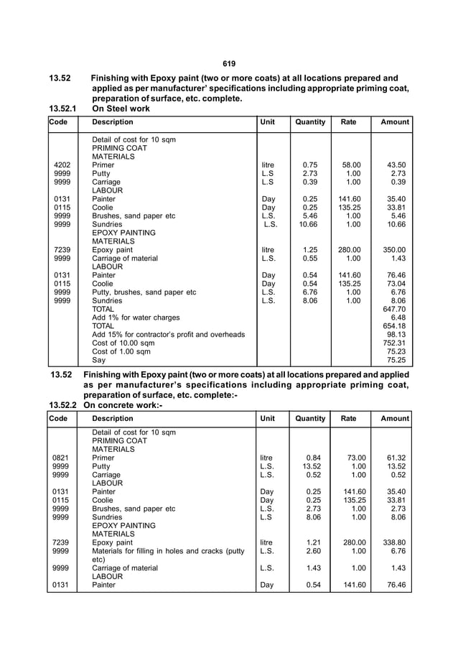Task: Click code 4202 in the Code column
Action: [x=62, y=165]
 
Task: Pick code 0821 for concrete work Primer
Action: [x=62, y=458]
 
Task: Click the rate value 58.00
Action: [x=351, y=165]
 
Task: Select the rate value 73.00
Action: [x=351, y=458]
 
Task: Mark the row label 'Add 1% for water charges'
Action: [x=136, y=318]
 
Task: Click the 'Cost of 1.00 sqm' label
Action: [x=121, y=351]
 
